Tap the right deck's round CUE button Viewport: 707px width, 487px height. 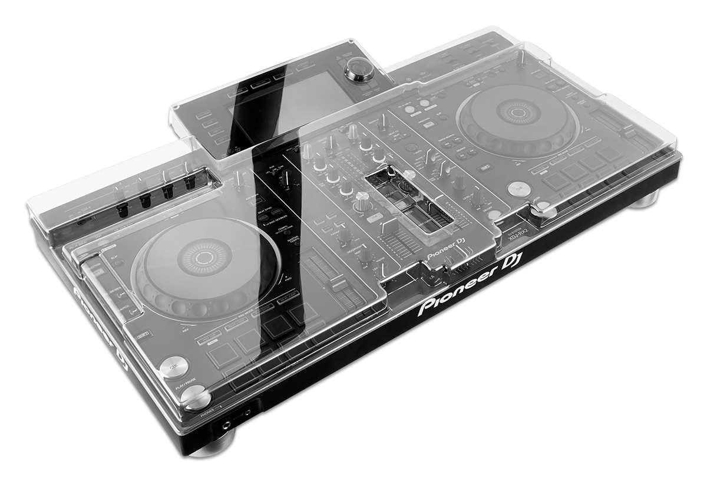click(518, 188)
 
